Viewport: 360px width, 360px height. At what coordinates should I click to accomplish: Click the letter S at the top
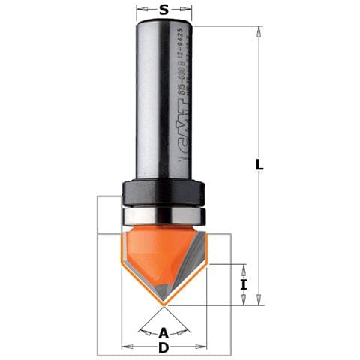point(163,10)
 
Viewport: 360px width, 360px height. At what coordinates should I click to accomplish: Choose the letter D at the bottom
point(164,347)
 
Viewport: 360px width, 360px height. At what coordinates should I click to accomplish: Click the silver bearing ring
point(164,215)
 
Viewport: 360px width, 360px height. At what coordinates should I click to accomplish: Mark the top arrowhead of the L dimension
point(259,31)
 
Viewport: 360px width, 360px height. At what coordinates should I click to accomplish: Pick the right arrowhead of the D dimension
point(203,346)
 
